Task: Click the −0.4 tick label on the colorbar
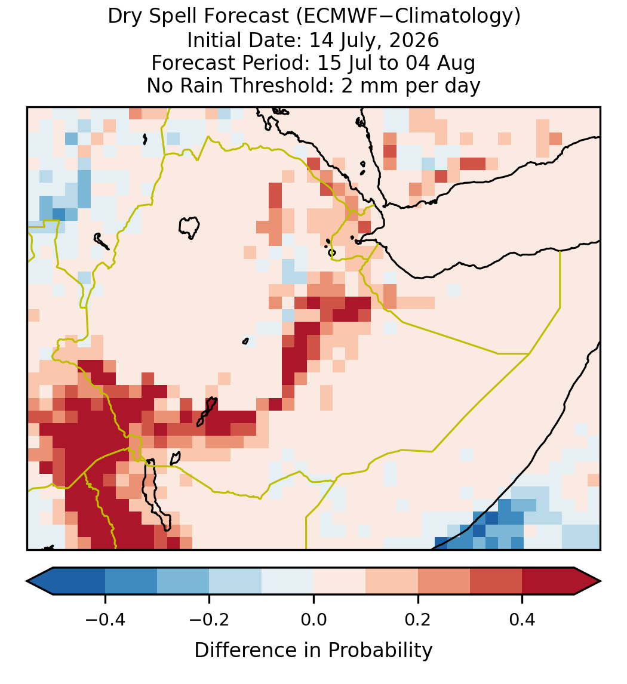[105, 620]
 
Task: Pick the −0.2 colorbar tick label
[209, 620]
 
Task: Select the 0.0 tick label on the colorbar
[314, 620]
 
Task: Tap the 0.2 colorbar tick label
[418, 620]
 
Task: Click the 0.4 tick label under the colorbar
[522, 620]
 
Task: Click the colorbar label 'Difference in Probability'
[314, 651]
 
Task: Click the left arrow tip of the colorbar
[27, 581]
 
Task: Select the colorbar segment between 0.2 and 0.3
[444, 581]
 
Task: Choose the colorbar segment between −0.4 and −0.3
[131, 581]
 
